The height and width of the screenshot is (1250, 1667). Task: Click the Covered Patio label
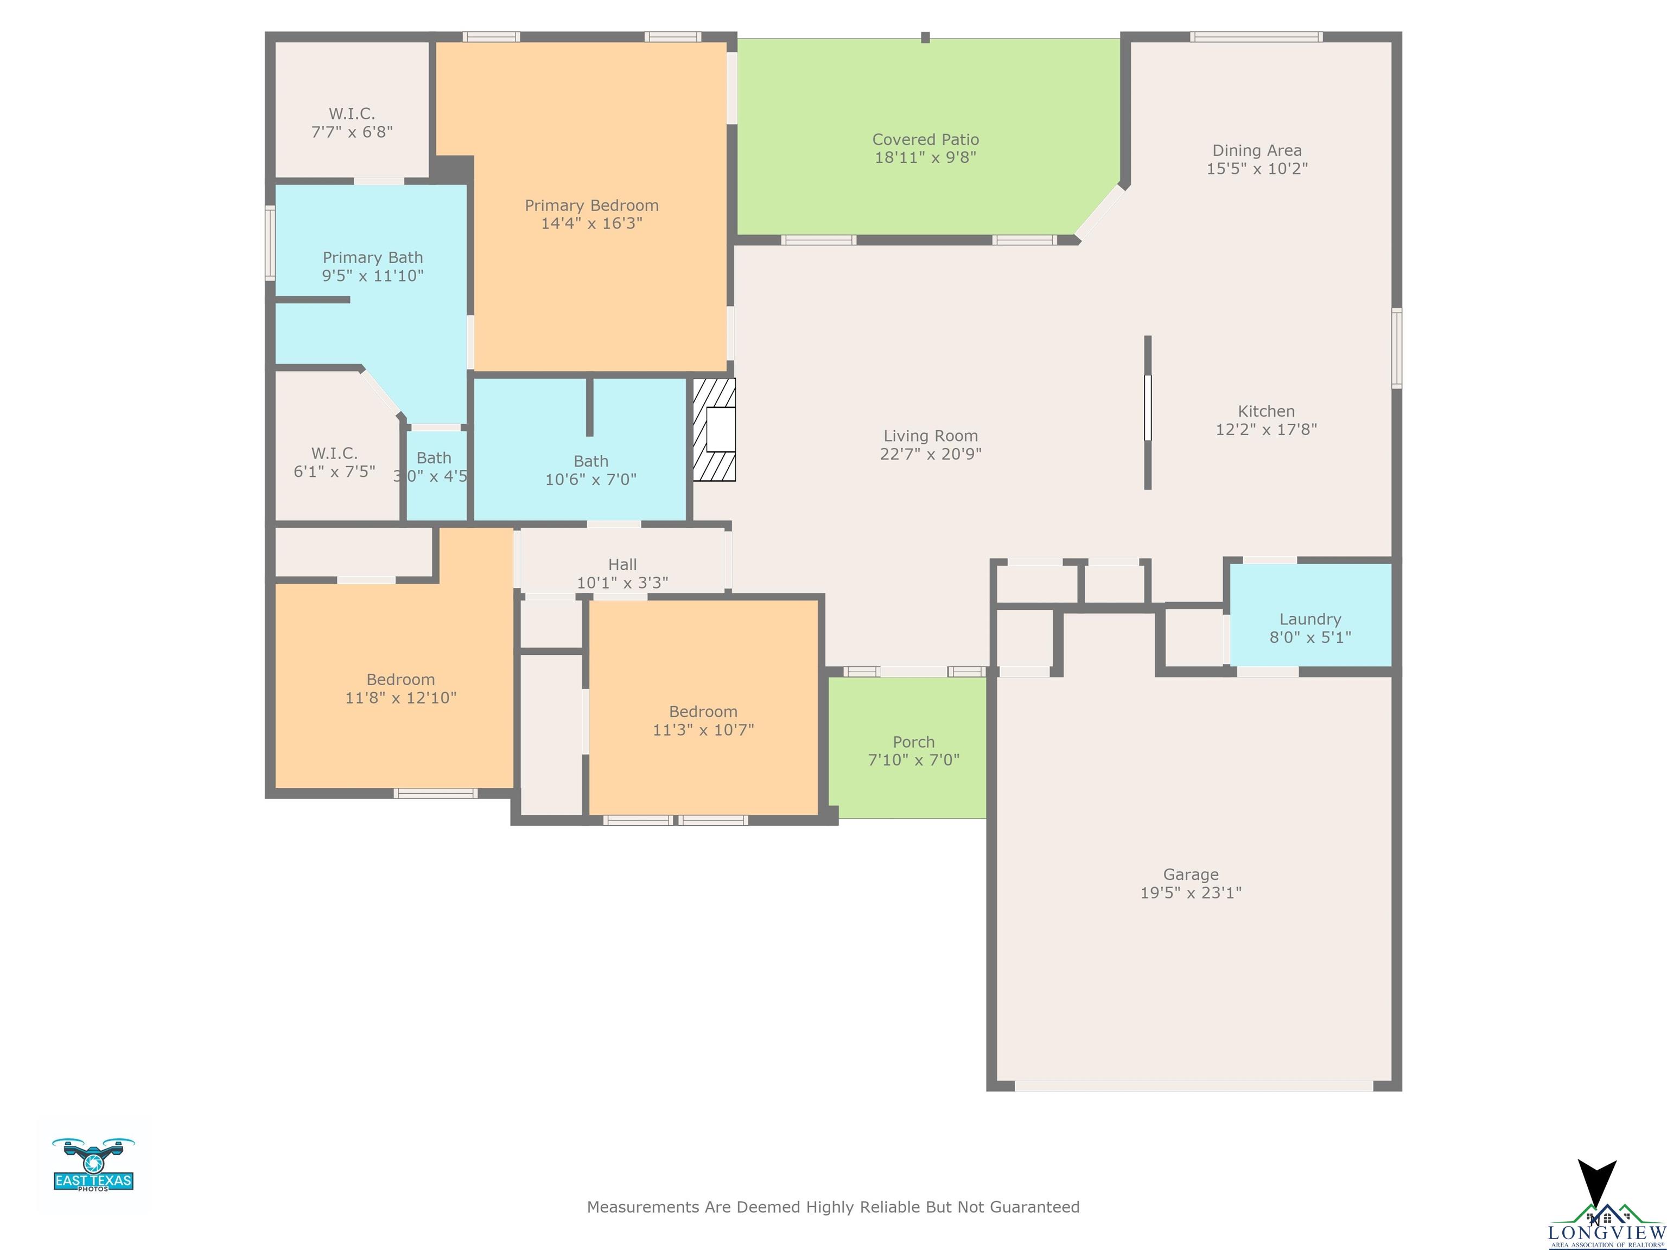(925, 139)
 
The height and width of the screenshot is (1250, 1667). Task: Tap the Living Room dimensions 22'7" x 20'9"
(931, 454)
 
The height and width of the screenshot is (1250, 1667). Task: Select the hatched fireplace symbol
(714, 430)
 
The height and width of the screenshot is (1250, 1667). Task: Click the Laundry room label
(1310, 620)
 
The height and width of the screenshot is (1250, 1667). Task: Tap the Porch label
(913, 742)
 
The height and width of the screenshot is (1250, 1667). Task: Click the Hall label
(622, 564)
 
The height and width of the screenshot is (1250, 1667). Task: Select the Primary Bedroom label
(591, 205)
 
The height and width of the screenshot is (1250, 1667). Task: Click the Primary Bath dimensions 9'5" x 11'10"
(373, 276)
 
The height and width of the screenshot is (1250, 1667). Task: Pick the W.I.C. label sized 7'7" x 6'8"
(352, 114)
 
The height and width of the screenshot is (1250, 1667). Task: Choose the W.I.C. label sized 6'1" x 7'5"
(335, 454)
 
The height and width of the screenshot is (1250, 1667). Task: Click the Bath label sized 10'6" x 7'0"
(591, 461)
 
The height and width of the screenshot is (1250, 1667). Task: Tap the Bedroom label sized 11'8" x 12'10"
(401, 680)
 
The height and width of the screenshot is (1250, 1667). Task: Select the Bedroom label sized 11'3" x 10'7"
(703, 711)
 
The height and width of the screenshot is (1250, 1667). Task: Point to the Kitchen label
(1266, 411)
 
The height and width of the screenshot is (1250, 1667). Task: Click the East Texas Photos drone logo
(93, 1164)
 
